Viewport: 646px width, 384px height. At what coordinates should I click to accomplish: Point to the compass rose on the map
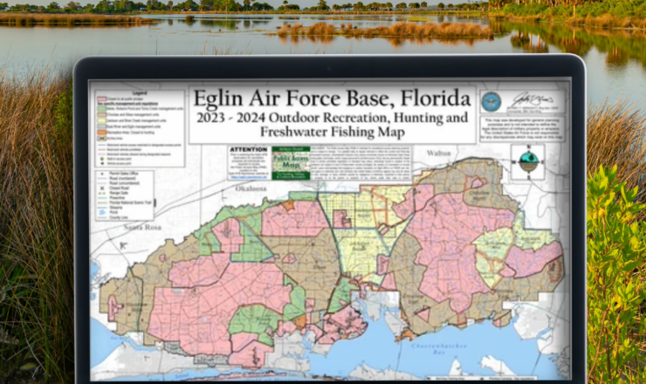[x=527, y=161]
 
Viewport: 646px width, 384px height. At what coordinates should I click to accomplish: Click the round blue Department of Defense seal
[x=491, y=99]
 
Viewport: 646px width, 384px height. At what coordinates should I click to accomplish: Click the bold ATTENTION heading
[x=247, y=149]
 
